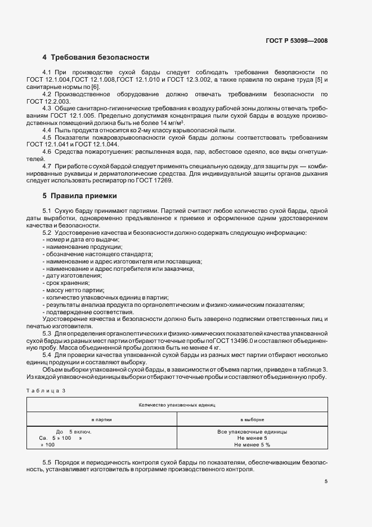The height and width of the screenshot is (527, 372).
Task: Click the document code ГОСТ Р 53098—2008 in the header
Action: (x=296, y=41)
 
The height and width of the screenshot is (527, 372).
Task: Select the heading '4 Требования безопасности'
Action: (x=96, y=57)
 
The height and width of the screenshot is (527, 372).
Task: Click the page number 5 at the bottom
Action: (x=326, y=481)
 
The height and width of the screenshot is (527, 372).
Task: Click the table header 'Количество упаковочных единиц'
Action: (x=177, y=405)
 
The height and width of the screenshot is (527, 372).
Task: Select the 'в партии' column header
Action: (x=101, y=419)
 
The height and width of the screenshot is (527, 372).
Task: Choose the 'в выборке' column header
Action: (x=252, y=419)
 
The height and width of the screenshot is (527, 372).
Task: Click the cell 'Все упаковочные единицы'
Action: (x=252, y=432)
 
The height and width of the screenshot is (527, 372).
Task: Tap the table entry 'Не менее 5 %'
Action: (x=252, y=445)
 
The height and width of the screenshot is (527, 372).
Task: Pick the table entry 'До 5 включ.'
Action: (x=74, y=432)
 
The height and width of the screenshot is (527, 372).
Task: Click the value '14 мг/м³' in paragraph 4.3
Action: (x=173, y=123)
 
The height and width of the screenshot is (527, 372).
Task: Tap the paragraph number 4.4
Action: (x=47, y=130)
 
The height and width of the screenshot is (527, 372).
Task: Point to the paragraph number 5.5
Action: (x=47, y=462)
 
